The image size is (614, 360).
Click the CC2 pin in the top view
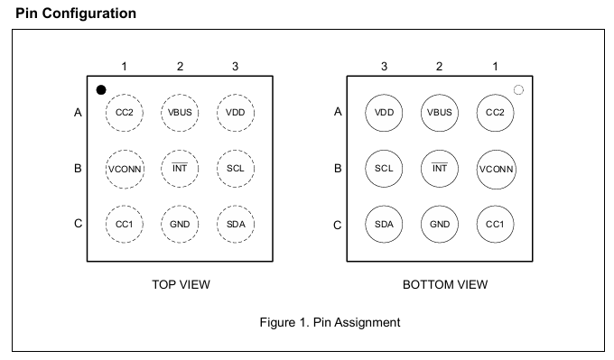pos(124,113)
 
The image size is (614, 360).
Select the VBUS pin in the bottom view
pos(440,113)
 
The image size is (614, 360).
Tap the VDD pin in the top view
pos(236,113)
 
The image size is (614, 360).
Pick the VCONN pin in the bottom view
pos(496,169)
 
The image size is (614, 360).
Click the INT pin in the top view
pos(180,168)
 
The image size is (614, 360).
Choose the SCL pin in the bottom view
pos(384,168)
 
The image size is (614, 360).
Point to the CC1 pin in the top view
pos(124,224)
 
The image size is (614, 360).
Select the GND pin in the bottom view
pos(440,224)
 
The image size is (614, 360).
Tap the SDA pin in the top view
pos(236,224)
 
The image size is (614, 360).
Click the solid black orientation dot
pos(101,90)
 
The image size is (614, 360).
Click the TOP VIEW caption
pos(181,284)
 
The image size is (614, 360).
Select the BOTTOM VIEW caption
pos(445,284)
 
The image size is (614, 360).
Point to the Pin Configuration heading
pos(76,14)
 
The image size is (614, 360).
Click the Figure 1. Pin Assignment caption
pos(330,322)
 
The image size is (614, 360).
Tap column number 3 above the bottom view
pos(384,67)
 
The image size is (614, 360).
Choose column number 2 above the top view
pos(180,67)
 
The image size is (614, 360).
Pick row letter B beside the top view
pos(78,168)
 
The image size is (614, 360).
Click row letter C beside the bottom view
pos(337,226)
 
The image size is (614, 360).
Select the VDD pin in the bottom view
pos(384,113)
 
